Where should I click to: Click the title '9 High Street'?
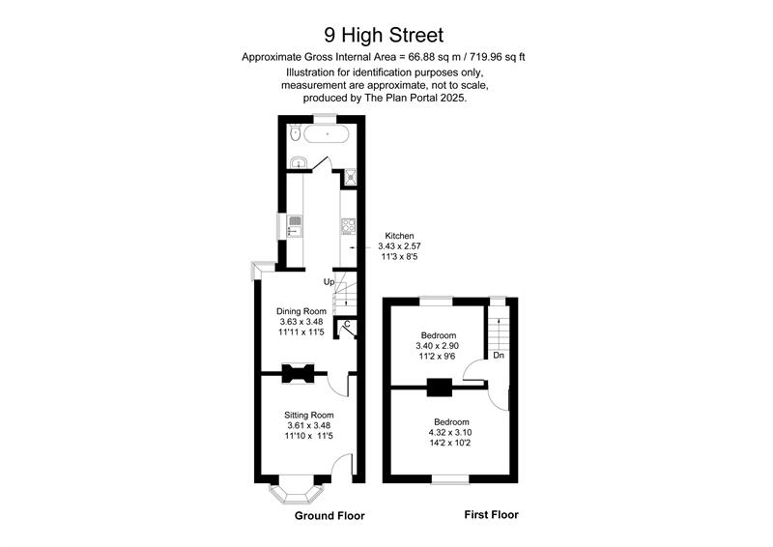click(386, 36)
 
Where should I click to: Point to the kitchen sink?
click(296, 227)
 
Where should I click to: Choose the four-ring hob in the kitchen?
click(347, 228)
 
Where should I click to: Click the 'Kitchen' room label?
click(399, 236)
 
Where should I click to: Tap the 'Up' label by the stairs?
click(329, 282)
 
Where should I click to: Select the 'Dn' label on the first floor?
click(499, 356)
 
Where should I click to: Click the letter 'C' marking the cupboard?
click(346, 324)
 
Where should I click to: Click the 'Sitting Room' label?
click(309, 415)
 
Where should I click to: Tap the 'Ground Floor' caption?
click(329, 516)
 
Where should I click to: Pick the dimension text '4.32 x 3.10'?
click(451, 433)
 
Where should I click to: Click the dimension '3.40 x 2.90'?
click(438, 346)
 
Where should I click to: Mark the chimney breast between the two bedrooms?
click(439, 387)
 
